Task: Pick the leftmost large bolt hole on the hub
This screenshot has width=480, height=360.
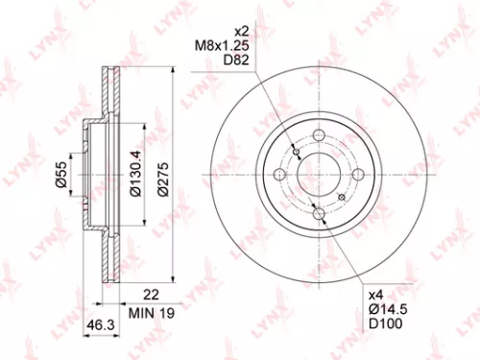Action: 279,174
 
